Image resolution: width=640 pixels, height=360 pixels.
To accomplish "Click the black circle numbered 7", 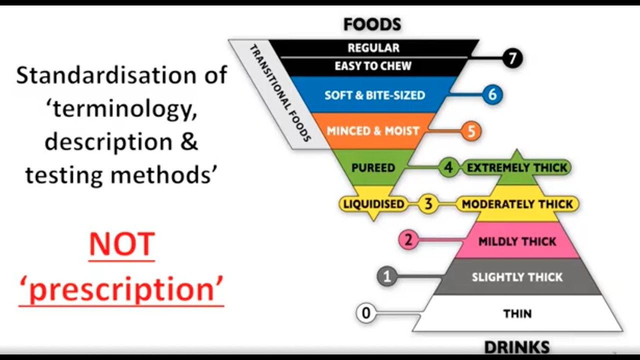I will (x=511, y=58).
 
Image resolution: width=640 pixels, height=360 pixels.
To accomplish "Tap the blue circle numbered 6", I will (x=492, y=94).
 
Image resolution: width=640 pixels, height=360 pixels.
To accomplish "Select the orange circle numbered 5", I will (x=470, y=131).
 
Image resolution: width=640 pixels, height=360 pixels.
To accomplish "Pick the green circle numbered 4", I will (x=448, y=167).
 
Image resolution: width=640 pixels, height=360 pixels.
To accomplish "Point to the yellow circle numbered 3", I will (x=428, y=204).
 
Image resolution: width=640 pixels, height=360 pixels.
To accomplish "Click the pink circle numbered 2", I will (x=408, y=240).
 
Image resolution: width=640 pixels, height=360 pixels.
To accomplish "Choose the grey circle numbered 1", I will (x=387, y=276).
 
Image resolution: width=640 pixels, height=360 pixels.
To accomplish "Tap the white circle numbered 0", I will (x=366, y=313).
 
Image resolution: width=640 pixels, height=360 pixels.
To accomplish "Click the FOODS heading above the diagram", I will (x=372, y=24).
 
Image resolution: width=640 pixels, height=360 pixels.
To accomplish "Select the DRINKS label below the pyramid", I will (x=517, y=347).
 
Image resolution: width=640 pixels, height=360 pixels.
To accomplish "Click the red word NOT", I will (x=121, y=245).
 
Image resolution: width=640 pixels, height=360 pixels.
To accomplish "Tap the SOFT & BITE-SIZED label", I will (x=375, y=95).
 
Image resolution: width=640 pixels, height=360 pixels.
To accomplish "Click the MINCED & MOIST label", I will (x=372, y=131).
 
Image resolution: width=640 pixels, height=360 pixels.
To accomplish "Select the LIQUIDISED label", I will (x=373, y=204).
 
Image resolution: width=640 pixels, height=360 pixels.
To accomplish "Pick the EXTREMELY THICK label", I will (x=517, y=167).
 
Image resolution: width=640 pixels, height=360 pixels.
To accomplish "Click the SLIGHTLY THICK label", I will (x=517, y=277).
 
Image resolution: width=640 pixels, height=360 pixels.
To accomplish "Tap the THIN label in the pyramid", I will (x=517, y=314).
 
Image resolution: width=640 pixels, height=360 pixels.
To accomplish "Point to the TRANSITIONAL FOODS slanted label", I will (x=280, y=93).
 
